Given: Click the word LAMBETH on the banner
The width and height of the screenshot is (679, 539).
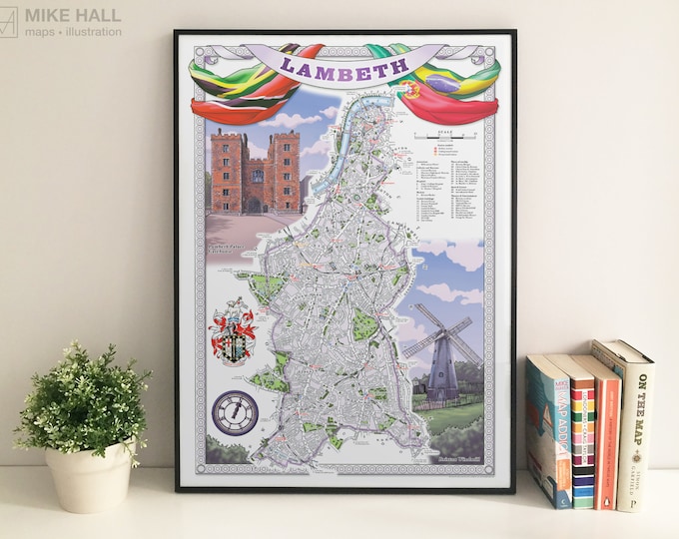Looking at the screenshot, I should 345,67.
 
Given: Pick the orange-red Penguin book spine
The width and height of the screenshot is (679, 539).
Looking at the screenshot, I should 607,434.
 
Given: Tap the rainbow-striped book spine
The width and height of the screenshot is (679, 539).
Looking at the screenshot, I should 583,434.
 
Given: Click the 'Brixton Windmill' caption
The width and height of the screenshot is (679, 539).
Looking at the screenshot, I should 460,460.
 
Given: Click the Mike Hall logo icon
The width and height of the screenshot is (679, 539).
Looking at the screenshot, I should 9,21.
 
